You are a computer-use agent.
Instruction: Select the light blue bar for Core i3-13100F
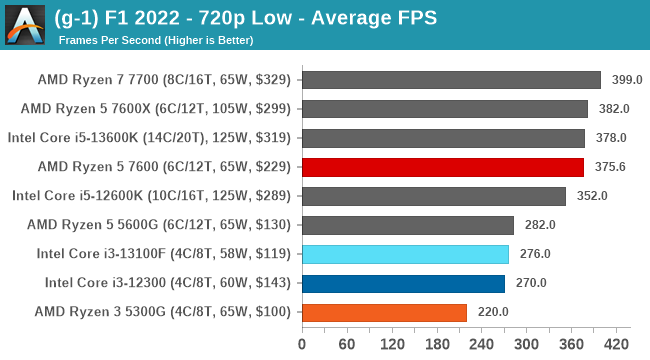click(405, 254)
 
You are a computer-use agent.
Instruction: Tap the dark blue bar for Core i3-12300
click(403, 283)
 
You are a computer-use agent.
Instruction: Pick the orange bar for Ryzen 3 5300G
click(384, 312)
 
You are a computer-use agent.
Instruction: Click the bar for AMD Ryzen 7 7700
click(451, 79)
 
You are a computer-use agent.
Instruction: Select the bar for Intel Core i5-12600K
click(433, 196)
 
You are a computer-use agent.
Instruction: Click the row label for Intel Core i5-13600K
click(150, 138)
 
